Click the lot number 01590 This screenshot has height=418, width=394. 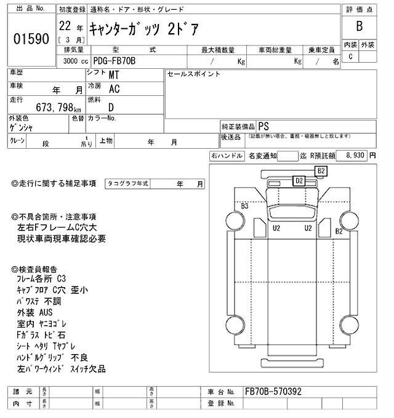[30, 39]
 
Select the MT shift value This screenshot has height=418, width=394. [115, 76]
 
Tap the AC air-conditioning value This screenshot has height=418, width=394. [115, 89]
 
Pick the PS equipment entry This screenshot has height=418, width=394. [263, 125]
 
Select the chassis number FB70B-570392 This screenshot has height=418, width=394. [273, 391]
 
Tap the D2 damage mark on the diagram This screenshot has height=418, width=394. [299, 180]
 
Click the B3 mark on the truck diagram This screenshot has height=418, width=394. [244, 207]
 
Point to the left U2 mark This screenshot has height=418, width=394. [276, 228]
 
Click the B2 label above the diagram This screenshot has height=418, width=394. [321, 170]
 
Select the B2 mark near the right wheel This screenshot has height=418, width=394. [339, 231]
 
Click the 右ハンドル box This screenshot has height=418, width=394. [226, 156]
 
